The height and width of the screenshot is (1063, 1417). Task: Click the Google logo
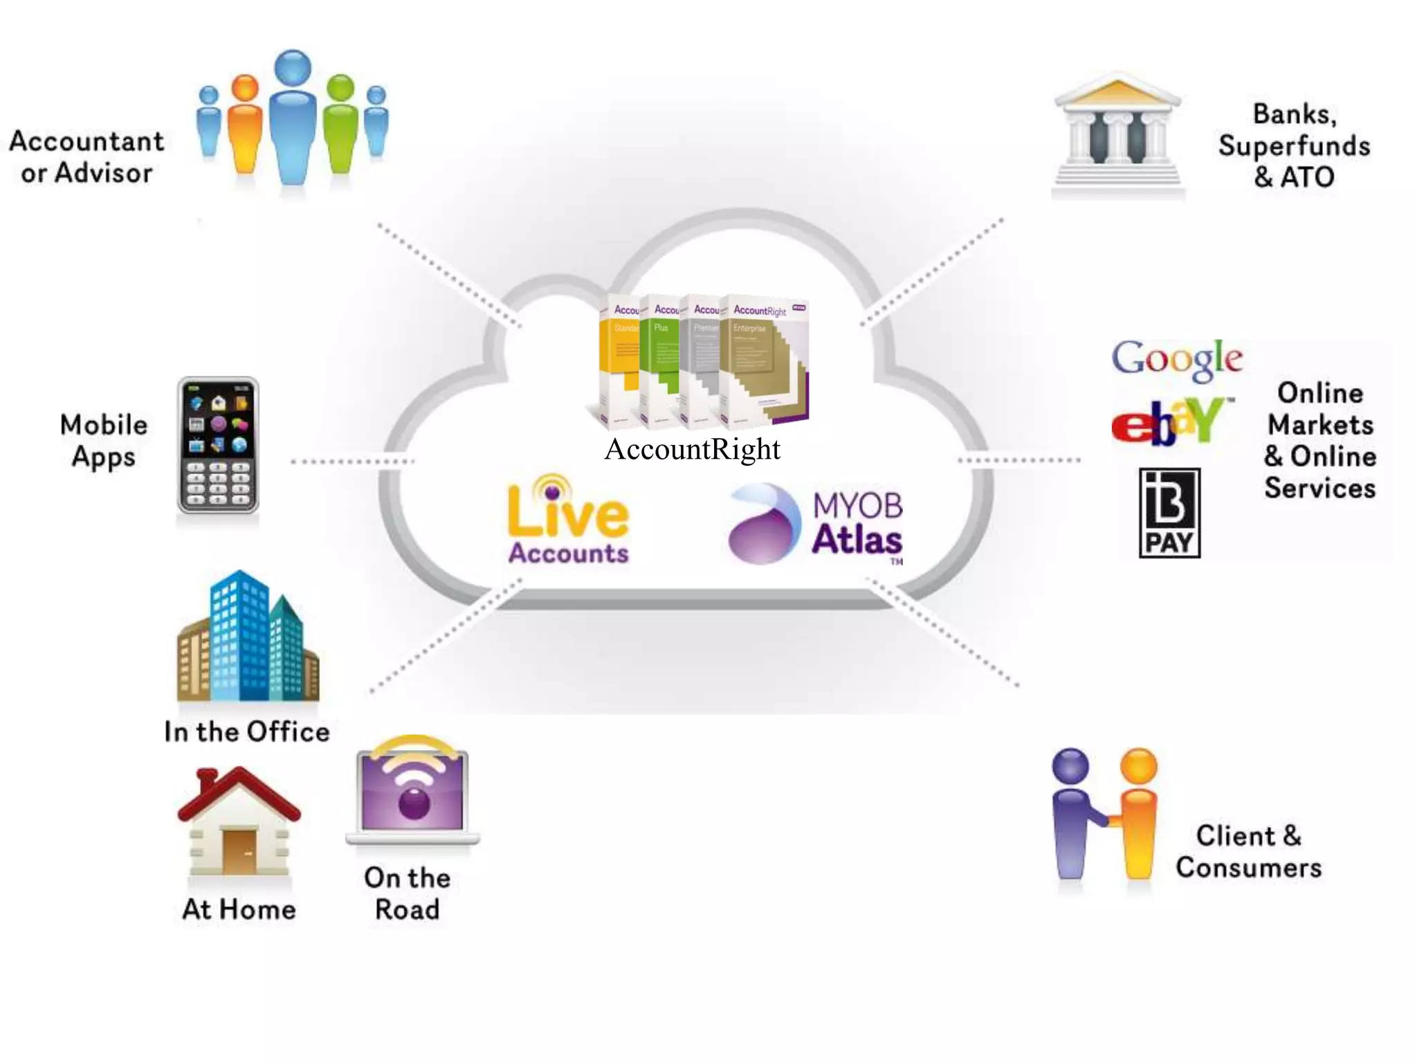tap(1177, 359)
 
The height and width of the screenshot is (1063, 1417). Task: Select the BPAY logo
tap(1169, 513)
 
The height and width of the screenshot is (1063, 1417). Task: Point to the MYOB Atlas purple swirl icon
tap(760, 525)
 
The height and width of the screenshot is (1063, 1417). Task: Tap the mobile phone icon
tap(218, 446)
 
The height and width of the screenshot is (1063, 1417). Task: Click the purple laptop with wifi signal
tap(413, 792)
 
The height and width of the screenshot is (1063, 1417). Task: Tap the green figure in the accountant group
tap(340, 125)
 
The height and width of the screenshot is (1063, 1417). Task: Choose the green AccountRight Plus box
tap(659, 360)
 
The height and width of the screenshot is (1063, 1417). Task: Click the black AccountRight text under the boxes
tap(692, 450)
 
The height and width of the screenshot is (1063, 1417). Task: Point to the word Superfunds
tap(1294, 146)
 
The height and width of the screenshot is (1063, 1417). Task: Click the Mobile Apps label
tap(104, 441)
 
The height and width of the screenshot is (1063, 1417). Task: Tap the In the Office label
tap(247, 732)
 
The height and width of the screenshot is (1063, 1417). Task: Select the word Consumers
tap(1249, 868)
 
